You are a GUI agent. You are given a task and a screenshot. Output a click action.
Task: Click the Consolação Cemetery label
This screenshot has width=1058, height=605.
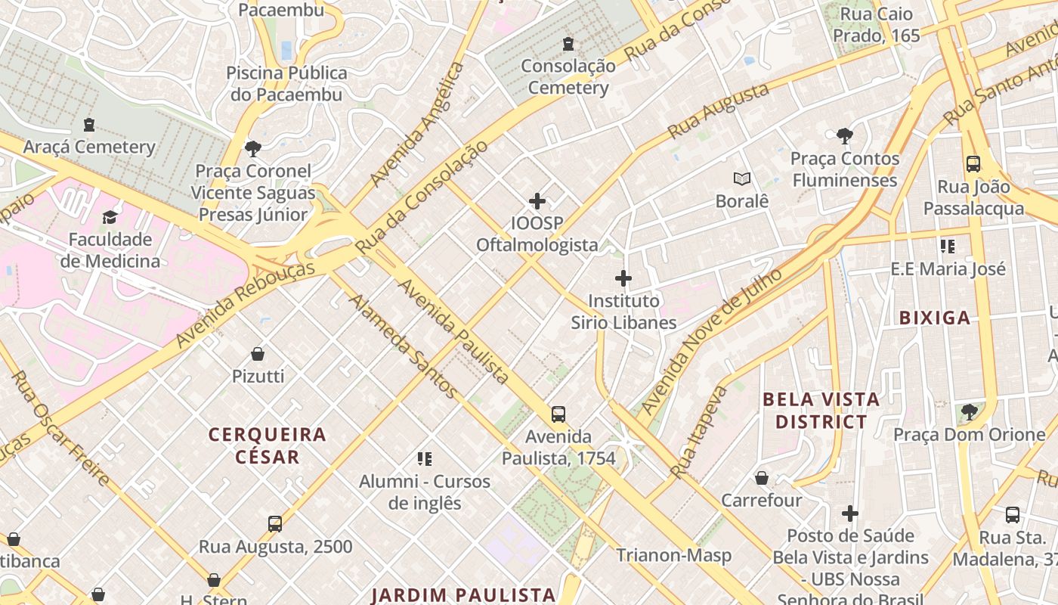tap(568, 76)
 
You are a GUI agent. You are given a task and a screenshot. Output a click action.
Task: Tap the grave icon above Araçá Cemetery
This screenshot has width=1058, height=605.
tap(89, 125)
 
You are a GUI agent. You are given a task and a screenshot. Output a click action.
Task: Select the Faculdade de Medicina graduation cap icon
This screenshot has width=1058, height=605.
tap(110, 218)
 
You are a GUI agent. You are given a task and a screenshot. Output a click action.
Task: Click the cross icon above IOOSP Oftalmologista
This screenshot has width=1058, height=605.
tap(537, 201)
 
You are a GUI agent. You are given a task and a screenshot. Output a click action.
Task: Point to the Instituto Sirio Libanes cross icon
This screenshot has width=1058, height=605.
tap(623, 278)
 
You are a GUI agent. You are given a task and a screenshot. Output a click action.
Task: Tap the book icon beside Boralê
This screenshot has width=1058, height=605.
tap(742, 179)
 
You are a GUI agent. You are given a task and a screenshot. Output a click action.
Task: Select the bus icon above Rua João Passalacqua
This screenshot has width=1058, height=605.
tap(973, 164)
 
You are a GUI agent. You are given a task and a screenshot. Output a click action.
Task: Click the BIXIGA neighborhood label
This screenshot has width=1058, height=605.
tap(934, 318)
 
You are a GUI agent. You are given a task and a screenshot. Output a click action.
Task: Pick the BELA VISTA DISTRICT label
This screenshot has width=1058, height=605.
tap(821, 411)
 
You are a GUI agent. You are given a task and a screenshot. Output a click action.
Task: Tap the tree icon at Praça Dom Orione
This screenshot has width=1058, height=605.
tap(969, 412)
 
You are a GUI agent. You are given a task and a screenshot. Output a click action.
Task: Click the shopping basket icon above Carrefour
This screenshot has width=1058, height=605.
tap(762, 479)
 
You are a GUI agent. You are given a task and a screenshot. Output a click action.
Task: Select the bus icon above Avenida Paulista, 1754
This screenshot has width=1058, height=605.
tap(558, 414)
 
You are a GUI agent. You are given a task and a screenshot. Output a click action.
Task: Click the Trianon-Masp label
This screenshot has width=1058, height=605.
tap(673, 556)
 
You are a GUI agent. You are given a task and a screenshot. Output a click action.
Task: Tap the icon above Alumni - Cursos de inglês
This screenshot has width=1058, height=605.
tap(424, 459)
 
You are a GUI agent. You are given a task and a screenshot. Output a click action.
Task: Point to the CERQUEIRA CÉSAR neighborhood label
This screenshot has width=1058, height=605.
tap(268, 445)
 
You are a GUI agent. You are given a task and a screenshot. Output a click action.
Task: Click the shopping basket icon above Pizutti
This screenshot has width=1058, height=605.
tap(258, 354)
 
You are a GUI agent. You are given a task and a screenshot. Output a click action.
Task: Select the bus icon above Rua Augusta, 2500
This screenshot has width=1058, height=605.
tap(275, 524)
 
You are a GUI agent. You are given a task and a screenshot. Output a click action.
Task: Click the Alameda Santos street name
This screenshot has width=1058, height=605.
tap(402, 346)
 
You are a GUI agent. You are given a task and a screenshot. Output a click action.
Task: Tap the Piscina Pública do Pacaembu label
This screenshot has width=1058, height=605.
tap(287, 84)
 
